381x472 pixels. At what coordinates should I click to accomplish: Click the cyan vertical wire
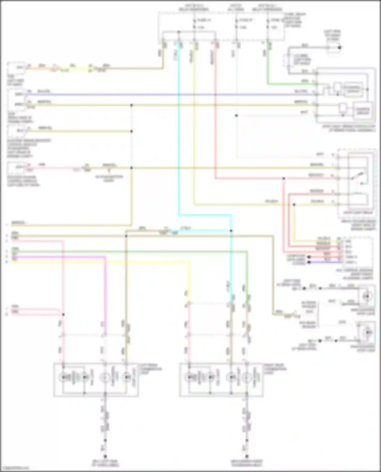(179, 127)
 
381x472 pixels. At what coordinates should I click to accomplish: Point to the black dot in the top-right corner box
(339, 47)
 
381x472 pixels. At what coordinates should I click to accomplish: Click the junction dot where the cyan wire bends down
(231, 231)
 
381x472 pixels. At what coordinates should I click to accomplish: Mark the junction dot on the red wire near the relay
(283, 179)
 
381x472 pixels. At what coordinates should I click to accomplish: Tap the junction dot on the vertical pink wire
(63, 314)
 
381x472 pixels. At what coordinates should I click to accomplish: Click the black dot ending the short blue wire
(309, 262)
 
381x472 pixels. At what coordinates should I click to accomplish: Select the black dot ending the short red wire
(309, 257)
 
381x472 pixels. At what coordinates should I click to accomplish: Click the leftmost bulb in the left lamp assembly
(63, 377)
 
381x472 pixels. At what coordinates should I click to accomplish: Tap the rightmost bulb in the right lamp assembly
(246, 377)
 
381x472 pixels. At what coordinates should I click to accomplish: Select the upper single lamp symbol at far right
(366, 296)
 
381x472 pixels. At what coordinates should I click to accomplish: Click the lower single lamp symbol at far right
(367, 332)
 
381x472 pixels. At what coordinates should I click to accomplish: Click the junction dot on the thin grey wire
(236, 116)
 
